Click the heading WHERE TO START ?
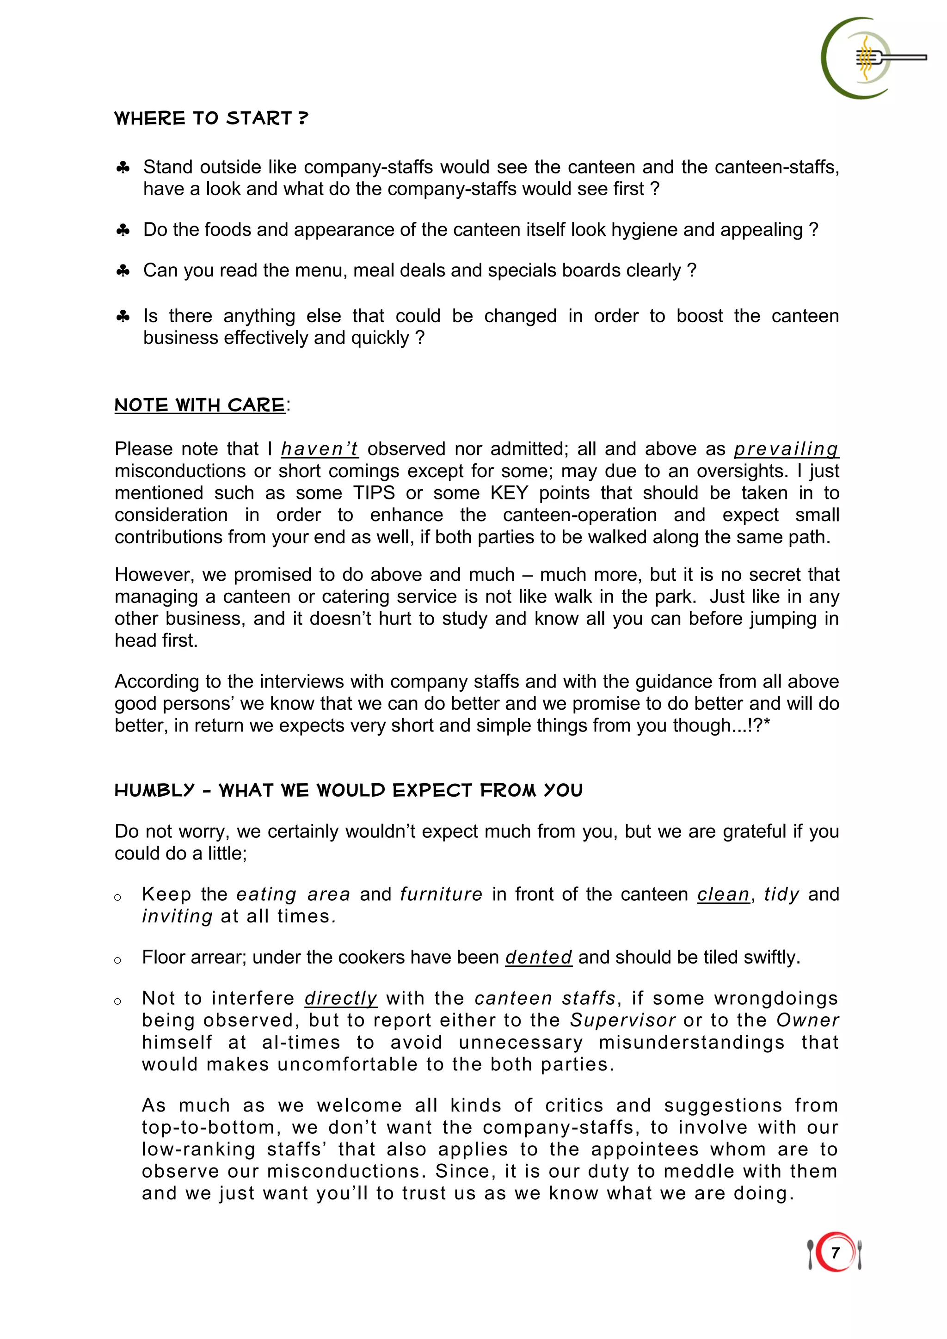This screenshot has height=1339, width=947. (x=211, y=118)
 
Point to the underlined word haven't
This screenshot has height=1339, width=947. (x=320, y=449)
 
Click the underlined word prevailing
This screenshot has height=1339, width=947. (x=786, y=449)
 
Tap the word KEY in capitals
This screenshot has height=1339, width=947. (x=509, y=493)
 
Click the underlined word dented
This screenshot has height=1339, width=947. (x=538, y=958)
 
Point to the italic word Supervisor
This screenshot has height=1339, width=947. (x=622, y=1020)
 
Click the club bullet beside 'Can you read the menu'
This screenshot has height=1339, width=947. (x=123, y=270)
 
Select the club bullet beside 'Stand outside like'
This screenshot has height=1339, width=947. (x=123, y=168)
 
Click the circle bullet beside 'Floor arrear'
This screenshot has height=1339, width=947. (x=118, y=960)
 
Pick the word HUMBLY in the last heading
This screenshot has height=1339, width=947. (x=154, y=790)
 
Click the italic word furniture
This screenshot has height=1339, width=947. (x=441, y=895)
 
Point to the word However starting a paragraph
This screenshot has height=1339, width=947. (x=154, y=575)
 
